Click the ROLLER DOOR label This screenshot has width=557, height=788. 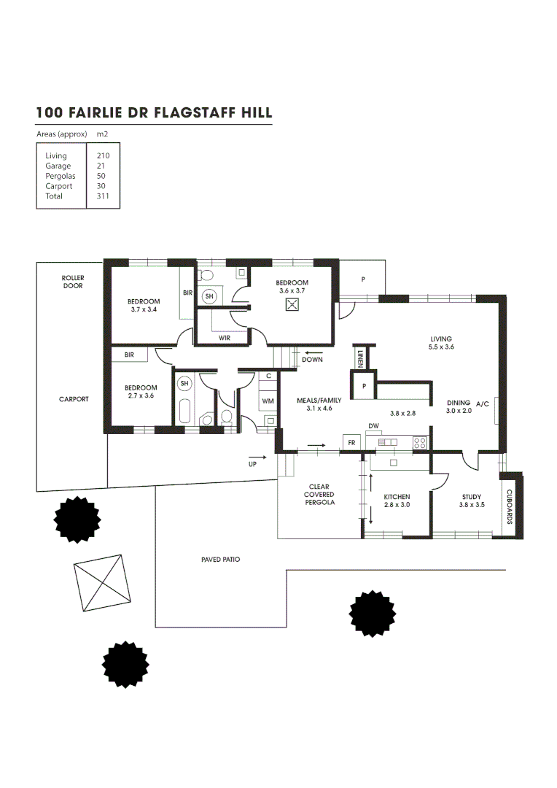(x=72, y=282)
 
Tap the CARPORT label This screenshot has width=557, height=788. (x=74, y=399)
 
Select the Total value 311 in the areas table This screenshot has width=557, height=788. (x=95, y=196)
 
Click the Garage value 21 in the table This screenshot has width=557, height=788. (x=93, y=166)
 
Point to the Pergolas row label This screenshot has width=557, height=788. (x=60, y=176)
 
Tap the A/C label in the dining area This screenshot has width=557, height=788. (x=483, y=403)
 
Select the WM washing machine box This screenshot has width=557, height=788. (x=268, y=401)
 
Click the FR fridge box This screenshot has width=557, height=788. (x=351, y=443)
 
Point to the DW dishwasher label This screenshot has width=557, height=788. (x=373, y=425)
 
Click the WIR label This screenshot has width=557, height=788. (x=225, y=338)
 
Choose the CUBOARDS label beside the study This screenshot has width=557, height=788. (x=510, y=507)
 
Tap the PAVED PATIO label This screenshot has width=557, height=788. (x=221, y=560)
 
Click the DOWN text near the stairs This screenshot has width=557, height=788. (x=312, y=360)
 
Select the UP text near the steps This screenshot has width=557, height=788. (x=253, y=463)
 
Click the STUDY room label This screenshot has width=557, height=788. (x=471, y=497)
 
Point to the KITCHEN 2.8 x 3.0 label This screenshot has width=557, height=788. (x=397, y=501)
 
